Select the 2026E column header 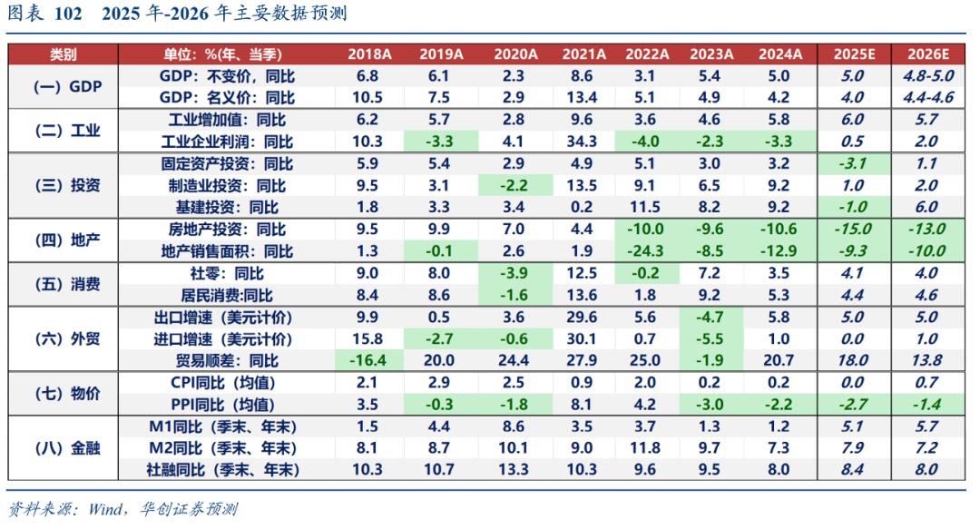pos(927,54)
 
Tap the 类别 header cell pos(64,54)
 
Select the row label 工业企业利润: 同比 pos(227,142)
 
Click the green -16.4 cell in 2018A pos(369,360)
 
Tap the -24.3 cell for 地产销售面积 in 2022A pos(645,251)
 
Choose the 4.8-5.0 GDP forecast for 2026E pos(927,76)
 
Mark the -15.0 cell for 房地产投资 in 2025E pos(852,230)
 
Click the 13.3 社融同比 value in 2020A pos(514,470)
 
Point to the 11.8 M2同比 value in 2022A pos(645,448)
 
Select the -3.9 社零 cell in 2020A pos(514,273)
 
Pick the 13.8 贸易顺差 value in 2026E pos(927,360)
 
